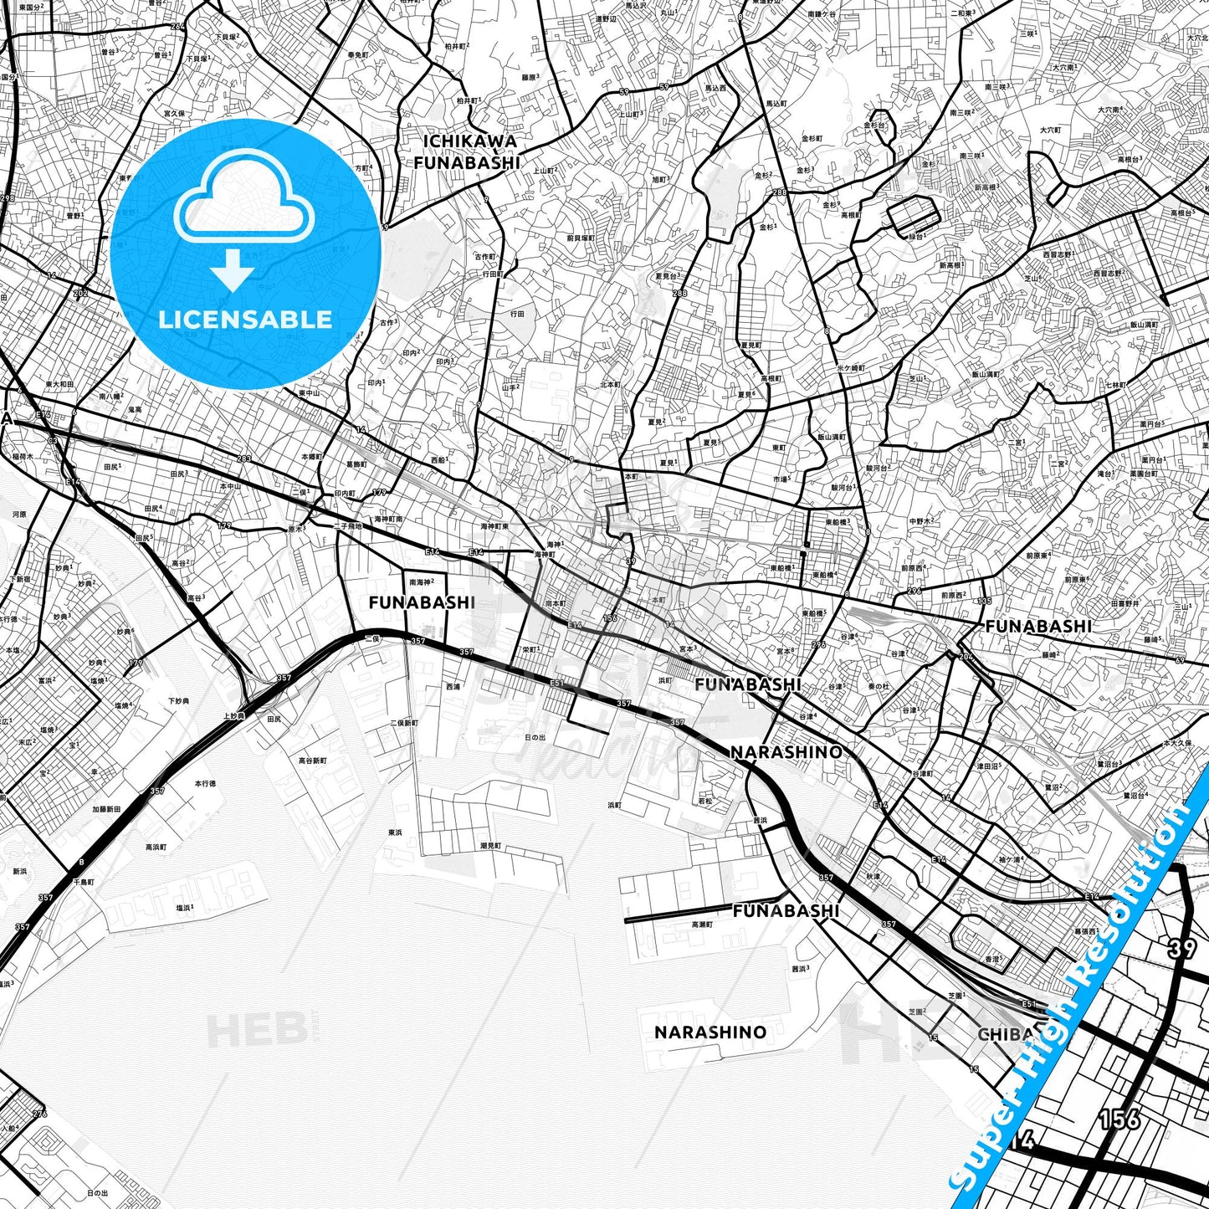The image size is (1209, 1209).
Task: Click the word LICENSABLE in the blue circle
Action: (245, 319)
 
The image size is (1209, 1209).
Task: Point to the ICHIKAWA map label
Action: (469, 141)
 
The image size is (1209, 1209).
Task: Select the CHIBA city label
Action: (1005, 1034)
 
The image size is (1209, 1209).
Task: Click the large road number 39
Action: (1181, 948)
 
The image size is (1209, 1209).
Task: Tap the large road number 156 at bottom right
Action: (1119, 1119)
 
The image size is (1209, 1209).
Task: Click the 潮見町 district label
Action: (491, 846)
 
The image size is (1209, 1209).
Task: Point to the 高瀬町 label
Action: (701, 925)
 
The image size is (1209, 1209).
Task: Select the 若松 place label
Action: (705, 801)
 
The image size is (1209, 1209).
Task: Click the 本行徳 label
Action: (205, 784)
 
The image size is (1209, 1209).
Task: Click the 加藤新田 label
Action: (106, 809)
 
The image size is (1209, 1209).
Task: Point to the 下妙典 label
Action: (178, 700)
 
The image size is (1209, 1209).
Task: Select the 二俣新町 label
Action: (403, 723)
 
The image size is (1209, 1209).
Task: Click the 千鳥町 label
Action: (84, 882)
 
